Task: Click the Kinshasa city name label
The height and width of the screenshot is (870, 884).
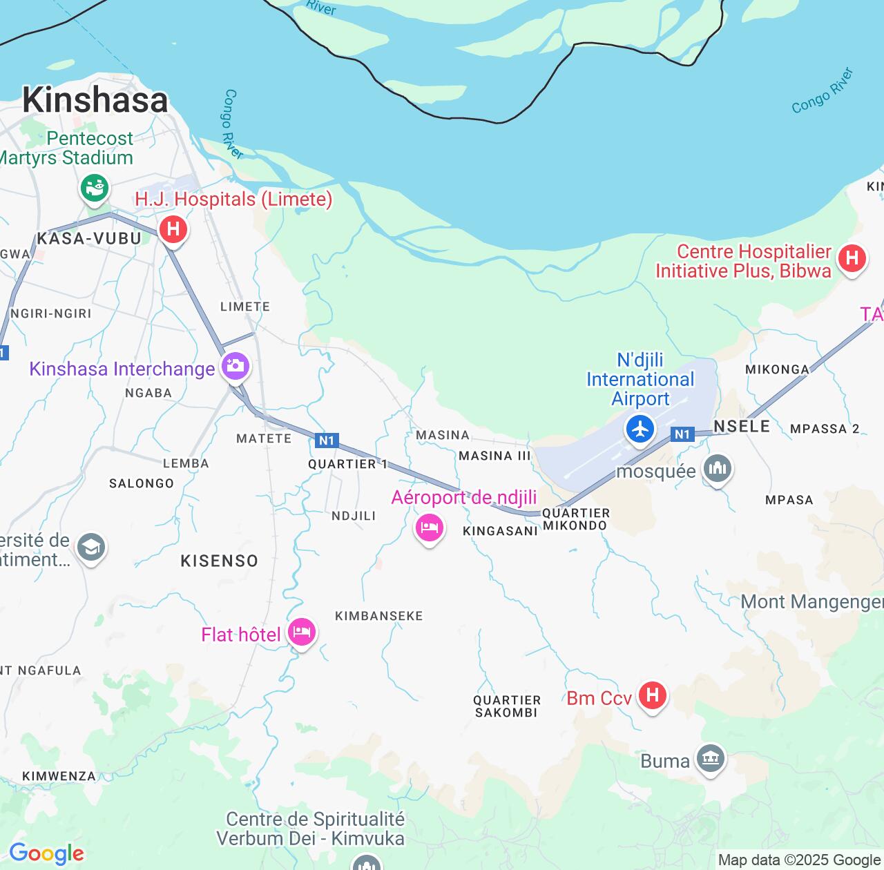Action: pyautogui.click(x=95, y=100)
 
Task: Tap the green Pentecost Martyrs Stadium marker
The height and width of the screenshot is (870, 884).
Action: pyautogui.click(x=95, y=187)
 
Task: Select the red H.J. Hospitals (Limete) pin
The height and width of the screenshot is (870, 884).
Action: pyautogui.click(x=173, y=229)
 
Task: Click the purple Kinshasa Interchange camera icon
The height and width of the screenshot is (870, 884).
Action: pyautogui.click(x=235, y=365)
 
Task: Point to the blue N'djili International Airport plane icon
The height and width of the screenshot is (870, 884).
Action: pyautogui.click(x=640, y=429)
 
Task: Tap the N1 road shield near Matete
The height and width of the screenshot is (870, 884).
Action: pyautogui.click(x=326, y=441)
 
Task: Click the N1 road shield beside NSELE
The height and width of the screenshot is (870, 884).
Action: pyautogui.click(x=682, y=434)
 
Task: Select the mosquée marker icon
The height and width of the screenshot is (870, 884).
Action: pyautogui.click(x=717, y=470)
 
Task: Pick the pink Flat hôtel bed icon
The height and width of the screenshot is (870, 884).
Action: pyautogui.click(x=302, y=631)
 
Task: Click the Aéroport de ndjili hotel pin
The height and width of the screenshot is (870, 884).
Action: pyautogui.click(x=429, y=529)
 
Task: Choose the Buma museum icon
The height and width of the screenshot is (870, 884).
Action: pyautogui.click(x=711, y=759)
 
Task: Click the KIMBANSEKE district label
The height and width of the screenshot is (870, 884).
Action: pyautogui.click(x=378, y=616)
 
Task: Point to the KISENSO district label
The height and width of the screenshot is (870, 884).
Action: pyautogui.click(x=219, y=561)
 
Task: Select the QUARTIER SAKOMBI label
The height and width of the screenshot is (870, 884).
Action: pyautogui.click(x=506, y=706)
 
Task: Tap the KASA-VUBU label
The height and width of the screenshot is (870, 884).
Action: pyautogui.click(x=88, y=239)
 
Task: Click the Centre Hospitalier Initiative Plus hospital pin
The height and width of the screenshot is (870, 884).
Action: pyautogui.click(x=852, y=259)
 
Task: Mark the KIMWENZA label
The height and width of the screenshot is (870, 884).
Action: pyautogui.click(x=59, y=776)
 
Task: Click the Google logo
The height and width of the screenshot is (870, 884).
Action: pyautogui.click(x=46, y=854)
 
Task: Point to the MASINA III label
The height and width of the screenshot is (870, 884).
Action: pyautogui.click(x=494, y=456)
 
